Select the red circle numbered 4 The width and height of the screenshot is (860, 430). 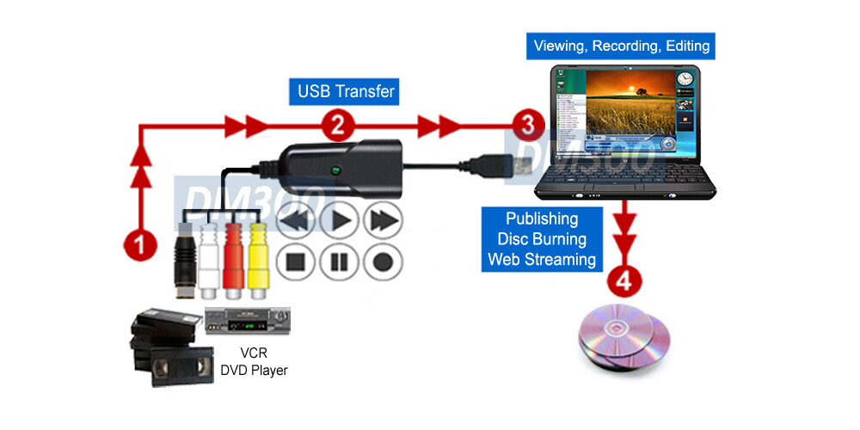click(x=623, y=279)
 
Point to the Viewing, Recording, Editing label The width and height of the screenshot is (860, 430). click(x=622, y=45)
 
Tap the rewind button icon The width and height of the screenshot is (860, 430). click(x=296, y=221)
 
